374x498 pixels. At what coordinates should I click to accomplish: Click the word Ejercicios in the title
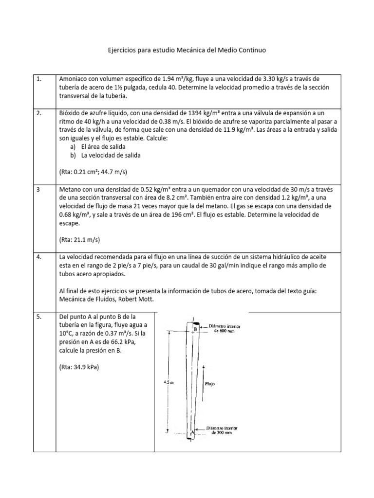point(122,50)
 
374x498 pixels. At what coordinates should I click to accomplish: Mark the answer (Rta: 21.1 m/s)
point(79,240)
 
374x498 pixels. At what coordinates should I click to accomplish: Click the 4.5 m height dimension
point(168,382)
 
